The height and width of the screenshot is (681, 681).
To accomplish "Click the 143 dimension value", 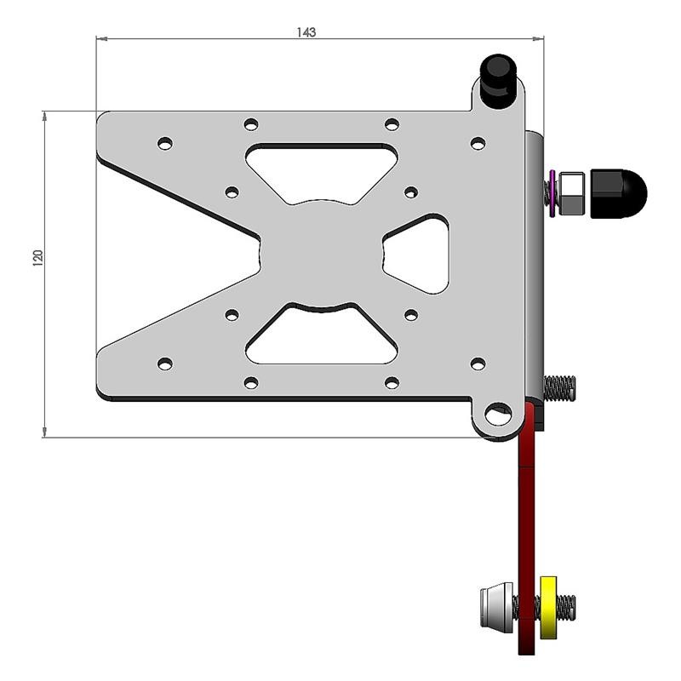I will pos(306,32).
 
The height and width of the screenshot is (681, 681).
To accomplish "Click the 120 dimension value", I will pos(37,258).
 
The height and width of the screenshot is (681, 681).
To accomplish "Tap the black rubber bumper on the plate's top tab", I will pos(499,79).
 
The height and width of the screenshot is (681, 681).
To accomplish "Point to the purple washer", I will pos(553,192).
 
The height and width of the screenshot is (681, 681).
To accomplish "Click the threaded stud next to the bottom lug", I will pos(559,388).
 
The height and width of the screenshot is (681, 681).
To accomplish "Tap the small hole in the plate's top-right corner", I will pos(478,143).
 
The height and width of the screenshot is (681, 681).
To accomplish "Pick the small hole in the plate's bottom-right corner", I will pos(478,364).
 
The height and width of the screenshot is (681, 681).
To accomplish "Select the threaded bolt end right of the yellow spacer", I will pos(567,607).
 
